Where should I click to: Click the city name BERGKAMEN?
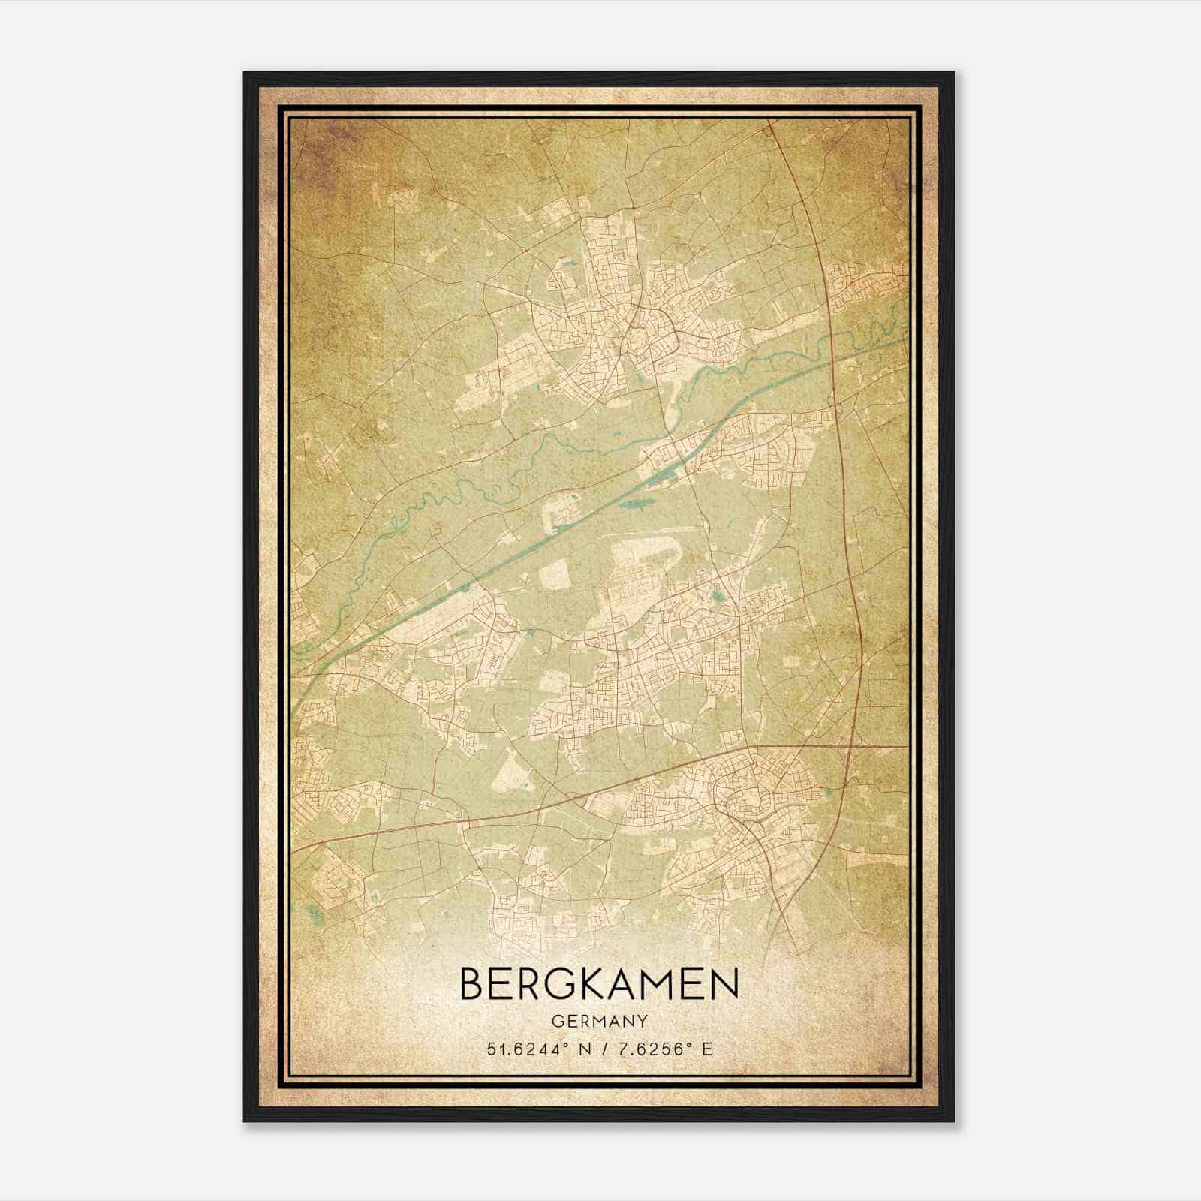click(x=599, y=983)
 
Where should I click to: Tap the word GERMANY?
click(x=599, y=1021)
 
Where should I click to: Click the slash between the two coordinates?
click(x=605, y=1049)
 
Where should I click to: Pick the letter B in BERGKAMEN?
click(x=472, y=983)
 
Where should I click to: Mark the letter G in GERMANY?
click(x=557, y=1021)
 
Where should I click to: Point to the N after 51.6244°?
click(x=585, y=1049)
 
